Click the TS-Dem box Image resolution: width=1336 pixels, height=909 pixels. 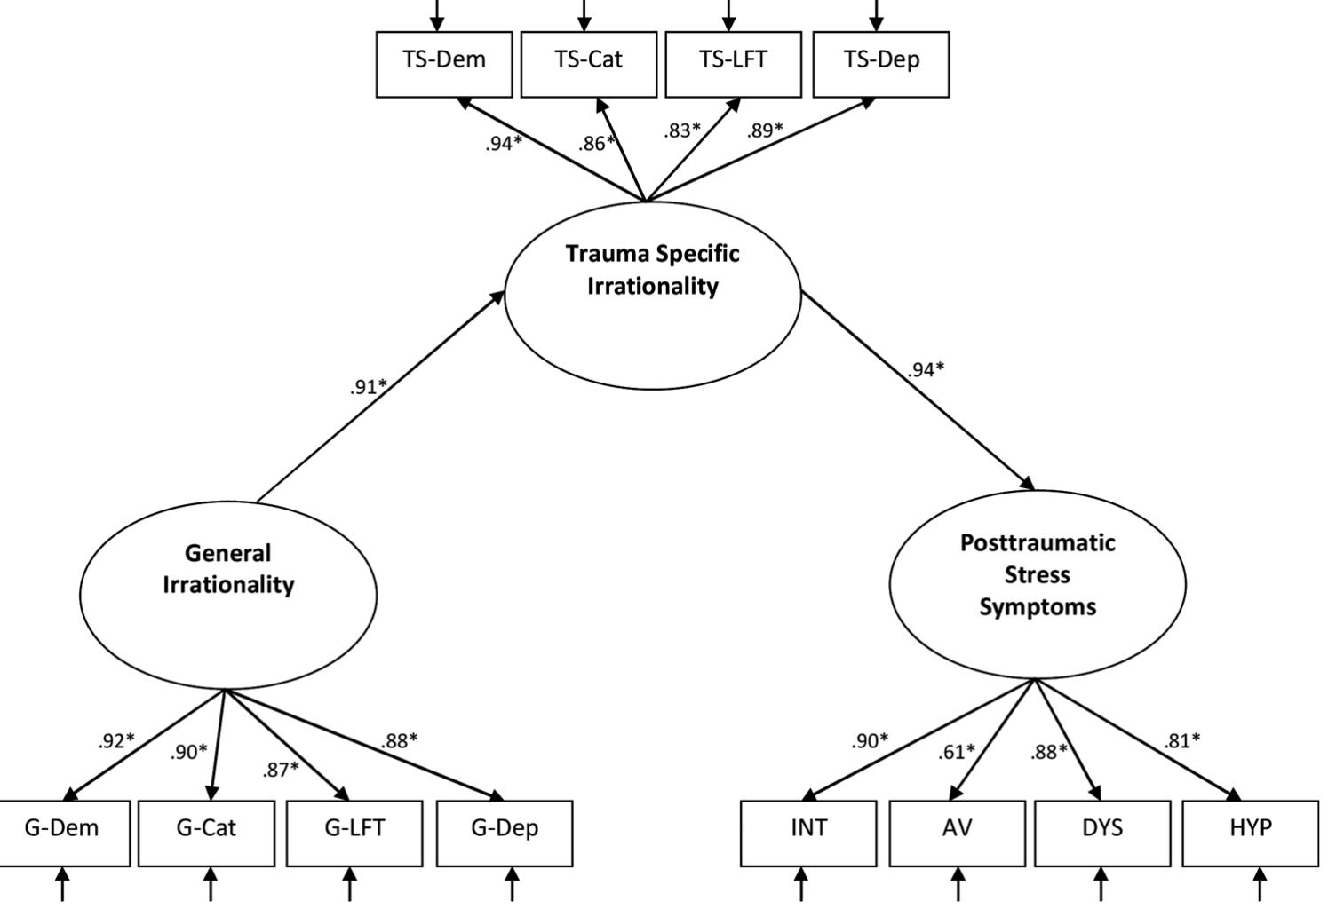444,64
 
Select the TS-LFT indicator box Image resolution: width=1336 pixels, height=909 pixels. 733,64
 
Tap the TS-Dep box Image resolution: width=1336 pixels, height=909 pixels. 880,64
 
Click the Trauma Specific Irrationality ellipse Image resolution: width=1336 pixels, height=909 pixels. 653,296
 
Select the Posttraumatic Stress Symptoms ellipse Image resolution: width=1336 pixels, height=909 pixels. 1038,583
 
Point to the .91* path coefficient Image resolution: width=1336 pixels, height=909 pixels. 368,386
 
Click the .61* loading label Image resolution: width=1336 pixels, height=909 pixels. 956,752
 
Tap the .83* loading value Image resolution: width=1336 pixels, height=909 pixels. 682,130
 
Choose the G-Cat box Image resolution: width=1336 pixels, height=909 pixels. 206,833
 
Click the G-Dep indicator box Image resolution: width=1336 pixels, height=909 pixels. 505,833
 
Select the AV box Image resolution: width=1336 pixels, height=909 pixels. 957,833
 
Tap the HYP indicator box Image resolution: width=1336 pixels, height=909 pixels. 1251,833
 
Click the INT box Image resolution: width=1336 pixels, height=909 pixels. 808,833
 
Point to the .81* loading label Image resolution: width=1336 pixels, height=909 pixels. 1181,740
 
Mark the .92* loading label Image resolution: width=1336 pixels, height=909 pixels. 116,740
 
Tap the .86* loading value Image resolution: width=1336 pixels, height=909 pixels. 596,143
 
